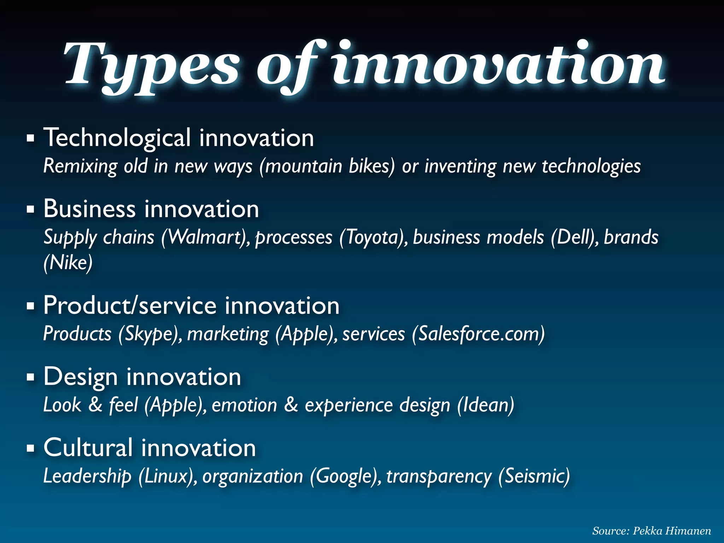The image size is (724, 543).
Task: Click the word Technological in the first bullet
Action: pyautogui.click(x=117, y=138)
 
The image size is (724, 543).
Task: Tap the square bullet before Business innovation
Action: pyautogui.click(x=31, y=209)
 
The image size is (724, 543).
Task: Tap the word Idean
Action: pyautogui.click(x=485, y=405)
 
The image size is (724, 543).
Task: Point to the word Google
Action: pyautogui.click(x=345, y=476)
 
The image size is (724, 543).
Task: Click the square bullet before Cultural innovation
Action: pyautogui.click(x=31, y=449)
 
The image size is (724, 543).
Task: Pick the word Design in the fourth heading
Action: pyautogui.click(x=81, y=377)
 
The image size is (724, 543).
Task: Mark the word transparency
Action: pyautogui.click(x=439, y=476)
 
